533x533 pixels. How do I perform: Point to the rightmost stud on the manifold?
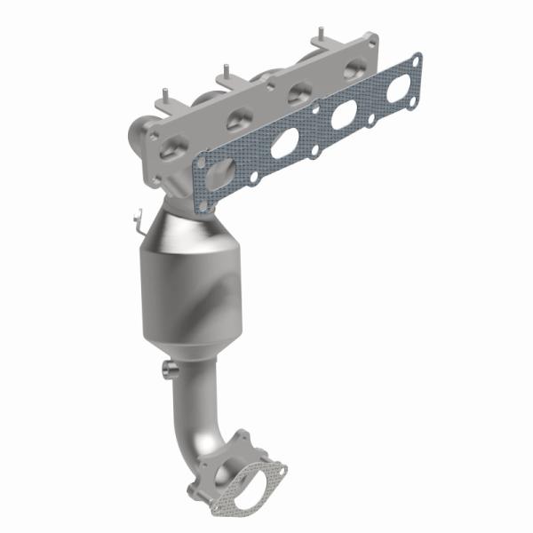[317, 37]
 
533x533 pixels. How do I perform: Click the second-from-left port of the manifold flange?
[237, 119]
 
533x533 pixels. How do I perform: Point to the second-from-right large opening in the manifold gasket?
[343, 114]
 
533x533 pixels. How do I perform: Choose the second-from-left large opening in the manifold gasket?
[284, 142]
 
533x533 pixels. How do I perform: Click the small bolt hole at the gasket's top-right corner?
[414, 60]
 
